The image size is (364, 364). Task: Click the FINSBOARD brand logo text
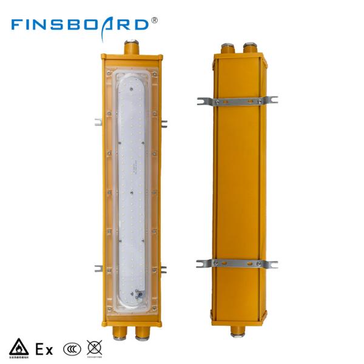79,24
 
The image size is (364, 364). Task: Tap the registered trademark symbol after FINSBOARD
154,20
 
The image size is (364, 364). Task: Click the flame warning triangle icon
18,348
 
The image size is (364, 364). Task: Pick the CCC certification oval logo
71,349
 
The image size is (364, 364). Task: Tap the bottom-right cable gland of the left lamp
144,331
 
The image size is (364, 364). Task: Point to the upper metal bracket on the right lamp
237,101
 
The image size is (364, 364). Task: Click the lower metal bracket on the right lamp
237,263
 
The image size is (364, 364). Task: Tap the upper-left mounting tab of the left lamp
98,121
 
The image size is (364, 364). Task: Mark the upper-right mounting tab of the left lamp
164,123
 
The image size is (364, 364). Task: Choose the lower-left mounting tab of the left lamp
98,268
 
